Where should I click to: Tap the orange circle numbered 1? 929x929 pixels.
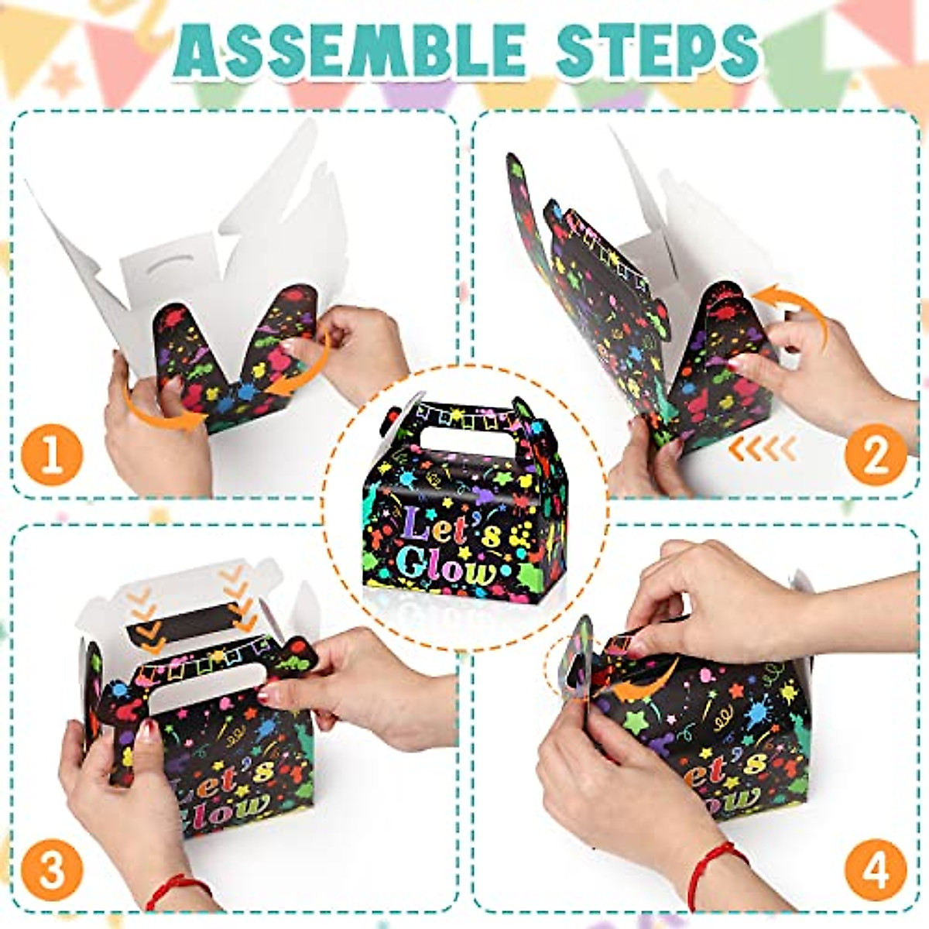(52, 455)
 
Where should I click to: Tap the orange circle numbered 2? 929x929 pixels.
(875, 455)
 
